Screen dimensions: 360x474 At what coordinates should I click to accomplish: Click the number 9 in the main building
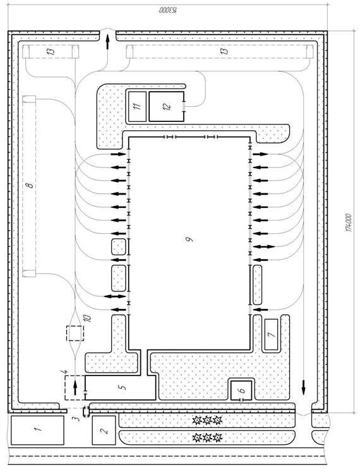click(189, 240)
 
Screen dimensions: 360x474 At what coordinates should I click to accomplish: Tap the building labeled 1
click(38, 430)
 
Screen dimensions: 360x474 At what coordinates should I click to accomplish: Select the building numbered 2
click(104, 430)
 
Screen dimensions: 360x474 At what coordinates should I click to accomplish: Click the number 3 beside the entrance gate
click(77, 418)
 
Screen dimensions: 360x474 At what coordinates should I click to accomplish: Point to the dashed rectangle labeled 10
click(75, 333)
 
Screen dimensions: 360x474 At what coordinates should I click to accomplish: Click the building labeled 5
click(120, 387)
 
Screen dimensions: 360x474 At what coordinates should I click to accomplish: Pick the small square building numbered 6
click(241, 391)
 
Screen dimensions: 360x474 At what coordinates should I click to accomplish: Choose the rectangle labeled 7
click(271, 334)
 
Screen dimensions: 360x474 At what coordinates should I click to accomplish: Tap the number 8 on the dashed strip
click(30, 185)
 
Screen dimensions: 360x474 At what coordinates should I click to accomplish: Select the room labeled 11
click(138, 106)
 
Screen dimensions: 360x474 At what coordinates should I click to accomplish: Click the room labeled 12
click(166, 106)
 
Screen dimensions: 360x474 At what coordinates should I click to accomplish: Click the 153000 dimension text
click(167, 10)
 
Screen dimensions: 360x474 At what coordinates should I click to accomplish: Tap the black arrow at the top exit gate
click(107, 42)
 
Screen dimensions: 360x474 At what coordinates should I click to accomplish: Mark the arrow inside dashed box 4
click(75, 388)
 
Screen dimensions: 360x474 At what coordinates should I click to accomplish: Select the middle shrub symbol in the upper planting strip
click(207, 420)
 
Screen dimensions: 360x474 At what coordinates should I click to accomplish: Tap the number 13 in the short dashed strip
click(52, 51)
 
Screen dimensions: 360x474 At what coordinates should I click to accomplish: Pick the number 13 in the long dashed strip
click(224, 51)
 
